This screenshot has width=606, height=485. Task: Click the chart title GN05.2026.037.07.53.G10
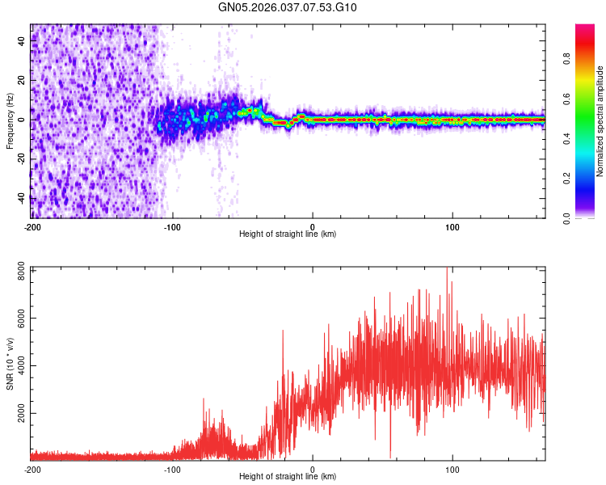tap(288, 7)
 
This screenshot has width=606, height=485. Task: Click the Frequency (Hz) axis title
tap(10, 121)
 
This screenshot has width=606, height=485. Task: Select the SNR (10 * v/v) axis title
tap(10, 363)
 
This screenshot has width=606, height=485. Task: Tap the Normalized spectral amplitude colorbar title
tap(600, 121)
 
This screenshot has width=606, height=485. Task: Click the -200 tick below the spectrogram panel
tap(32, 226)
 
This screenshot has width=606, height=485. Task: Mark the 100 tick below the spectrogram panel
tap(452, 226)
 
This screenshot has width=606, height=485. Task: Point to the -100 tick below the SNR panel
tap(172, 469)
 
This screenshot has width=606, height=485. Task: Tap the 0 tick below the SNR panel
tap(313, 469)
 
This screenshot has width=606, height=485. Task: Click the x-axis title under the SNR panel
tap(288, 477)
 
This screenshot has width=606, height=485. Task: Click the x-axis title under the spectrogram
tap(288, 234)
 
